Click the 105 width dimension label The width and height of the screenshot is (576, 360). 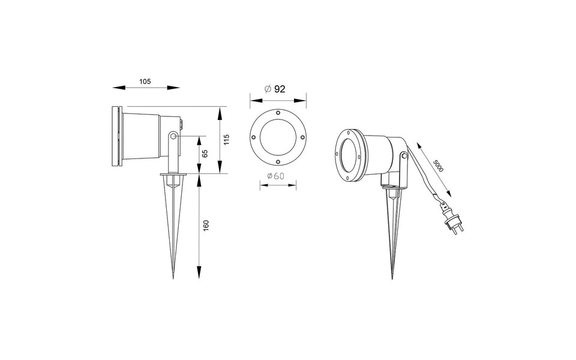coord(145,81)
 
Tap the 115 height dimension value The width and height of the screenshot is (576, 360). coord(226,140)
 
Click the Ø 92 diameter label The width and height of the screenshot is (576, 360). coord(275,89)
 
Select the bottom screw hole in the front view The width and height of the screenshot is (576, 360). coord(278,161)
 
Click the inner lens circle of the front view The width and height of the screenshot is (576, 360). coord(278,137)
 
